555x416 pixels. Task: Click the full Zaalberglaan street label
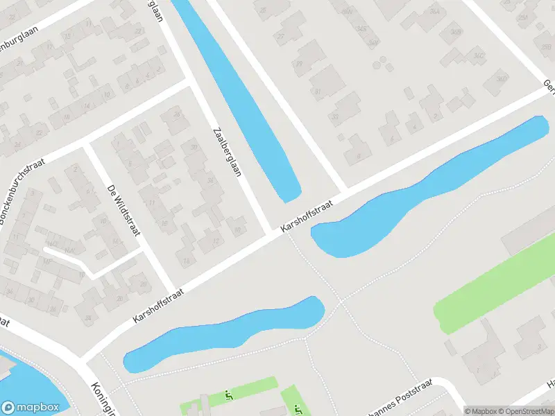227,150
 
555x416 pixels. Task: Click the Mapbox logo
29,408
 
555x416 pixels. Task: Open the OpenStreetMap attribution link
527,410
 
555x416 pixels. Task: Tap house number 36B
456,32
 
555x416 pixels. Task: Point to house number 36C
477,55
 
